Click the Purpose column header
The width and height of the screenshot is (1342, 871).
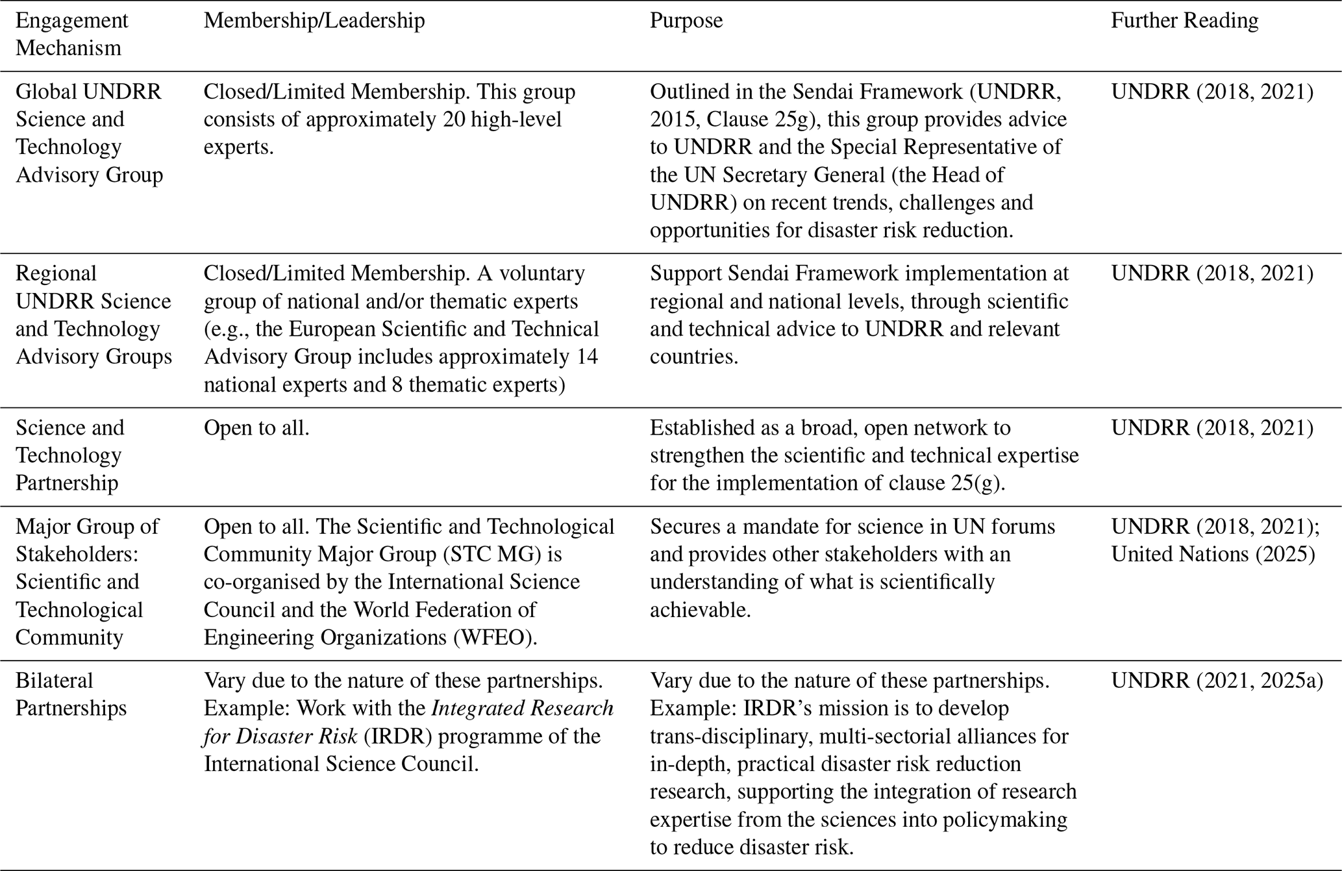click(686, 21)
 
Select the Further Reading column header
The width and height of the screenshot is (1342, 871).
click(1184, 21)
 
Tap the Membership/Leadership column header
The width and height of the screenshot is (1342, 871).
click(314, 21)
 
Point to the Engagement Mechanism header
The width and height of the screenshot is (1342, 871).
click(71, 34)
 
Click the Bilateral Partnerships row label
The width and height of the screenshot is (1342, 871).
click(71, 694)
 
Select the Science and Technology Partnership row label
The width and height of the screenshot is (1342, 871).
click(69, 455)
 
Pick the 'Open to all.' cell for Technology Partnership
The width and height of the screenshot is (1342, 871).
click(256, 428)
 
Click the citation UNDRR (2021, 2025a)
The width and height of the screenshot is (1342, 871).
click(1217, 680)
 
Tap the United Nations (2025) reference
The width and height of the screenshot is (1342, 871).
click(1213, 554)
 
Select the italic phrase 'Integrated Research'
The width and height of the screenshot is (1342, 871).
click(522, 708)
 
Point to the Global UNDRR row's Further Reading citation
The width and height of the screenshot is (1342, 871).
click(1212, 92)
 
